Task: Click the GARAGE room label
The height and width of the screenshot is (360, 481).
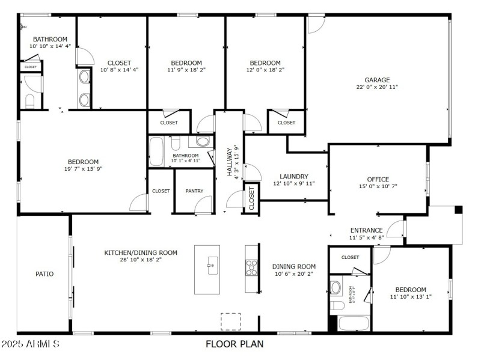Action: tap(377, 79)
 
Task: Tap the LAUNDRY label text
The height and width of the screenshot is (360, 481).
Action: tap(294, 176)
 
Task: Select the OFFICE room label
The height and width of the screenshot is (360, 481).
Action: tap(378, 179)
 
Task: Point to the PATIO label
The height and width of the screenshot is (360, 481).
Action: tap(44, 274)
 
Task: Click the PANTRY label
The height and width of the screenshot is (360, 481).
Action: tap(194, 191)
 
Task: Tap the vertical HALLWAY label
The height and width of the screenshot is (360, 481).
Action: tap(230, 162)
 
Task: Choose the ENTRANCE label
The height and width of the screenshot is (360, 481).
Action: tap(367, 230)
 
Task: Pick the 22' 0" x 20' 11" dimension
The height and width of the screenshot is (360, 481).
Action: tap(377, 87)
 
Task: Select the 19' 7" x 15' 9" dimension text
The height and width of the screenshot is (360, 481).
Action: tap(83, 169)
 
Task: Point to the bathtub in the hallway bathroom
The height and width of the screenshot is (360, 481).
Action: tap(156, 152)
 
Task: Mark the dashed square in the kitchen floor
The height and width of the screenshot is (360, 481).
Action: tap(230, 322)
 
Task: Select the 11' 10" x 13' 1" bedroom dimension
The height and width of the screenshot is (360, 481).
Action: tap(411, 297)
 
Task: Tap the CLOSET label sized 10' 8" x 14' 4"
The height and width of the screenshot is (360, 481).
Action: tap(119, 70)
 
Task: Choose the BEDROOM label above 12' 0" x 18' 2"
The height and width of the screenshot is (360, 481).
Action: tap(265, 63)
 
